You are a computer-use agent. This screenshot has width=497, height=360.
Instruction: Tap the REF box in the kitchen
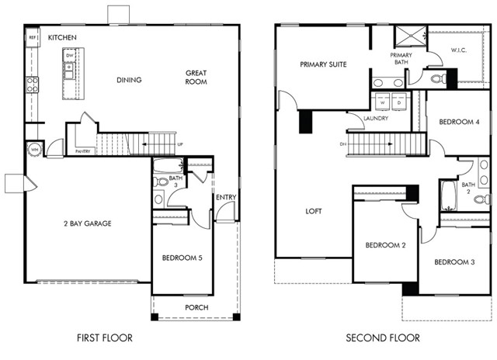[x=33, y=37]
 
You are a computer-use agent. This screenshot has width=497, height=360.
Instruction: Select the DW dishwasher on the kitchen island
[x=69, y=56]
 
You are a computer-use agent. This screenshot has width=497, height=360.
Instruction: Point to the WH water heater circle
[x=35, y=150]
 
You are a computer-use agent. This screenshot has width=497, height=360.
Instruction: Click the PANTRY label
[x=83, y=151]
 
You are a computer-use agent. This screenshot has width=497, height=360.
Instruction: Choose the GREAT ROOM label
[x=196, y=78]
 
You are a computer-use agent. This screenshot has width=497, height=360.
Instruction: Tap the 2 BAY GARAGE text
[x=88, y=223]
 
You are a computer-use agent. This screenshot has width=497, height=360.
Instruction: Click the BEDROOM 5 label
[x=182, y=258]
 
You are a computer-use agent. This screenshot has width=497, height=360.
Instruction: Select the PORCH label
[x=196, y=307]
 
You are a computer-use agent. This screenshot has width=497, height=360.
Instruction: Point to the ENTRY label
[x=226, y=197]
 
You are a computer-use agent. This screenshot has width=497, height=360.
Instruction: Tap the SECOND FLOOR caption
[x=382, y=338]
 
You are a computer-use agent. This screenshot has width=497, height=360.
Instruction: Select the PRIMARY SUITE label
[x=323, y=64]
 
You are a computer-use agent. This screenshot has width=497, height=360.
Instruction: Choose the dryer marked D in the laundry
[x=399, y=102]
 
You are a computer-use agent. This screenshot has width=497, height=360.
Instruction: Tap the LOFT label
[x=313, y=211]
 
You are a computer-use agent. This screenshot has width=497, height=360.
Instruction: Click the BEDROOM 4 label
[x=458, y=122]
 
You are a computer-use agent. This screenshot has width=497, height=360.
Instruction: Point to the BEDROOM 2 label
[x=386, y=246]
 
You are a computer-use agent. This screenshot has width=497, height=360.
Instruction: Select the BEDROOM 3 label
[x=454, y=262]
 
